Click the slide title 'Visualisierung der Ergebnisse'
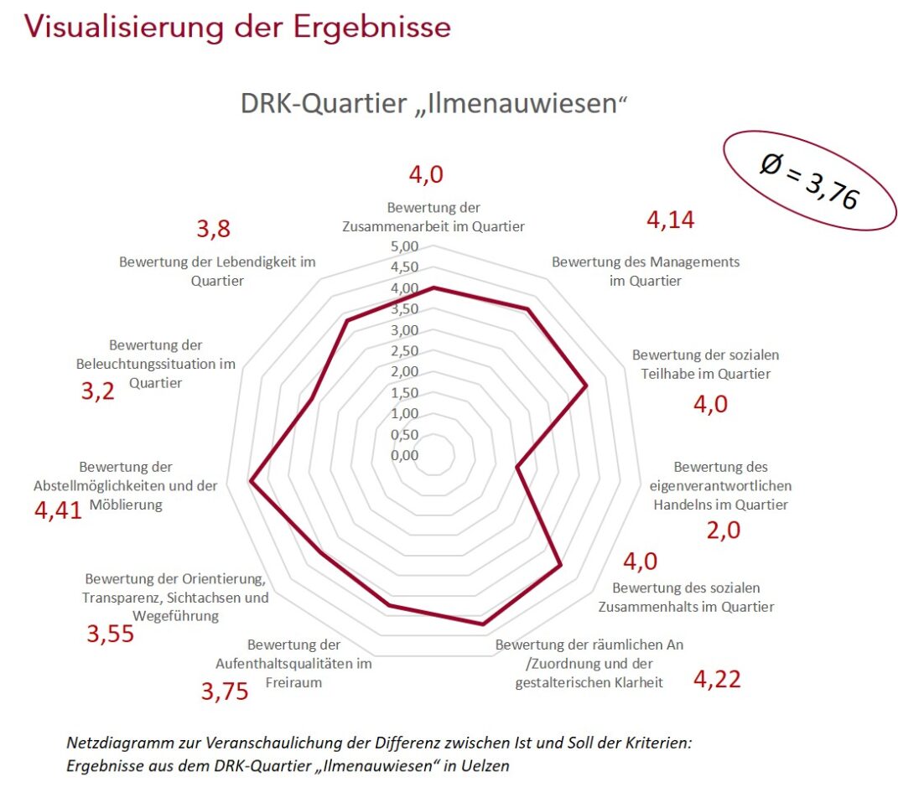(238, 27)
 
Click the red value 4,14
(670, 220)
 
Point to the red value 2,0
(723, 530)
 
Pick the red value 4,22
(717, 678)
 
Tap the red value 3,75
(224, 691)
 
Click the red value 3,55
(110, 634)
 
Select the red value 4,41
(58, 510)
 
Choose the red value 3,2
(97, 391)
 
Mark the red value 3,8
(213, 229)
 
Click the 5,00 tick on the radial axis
(403, 247)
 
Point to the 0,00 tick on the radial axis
(403, 455)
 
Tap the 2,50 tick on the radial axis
(403, 351)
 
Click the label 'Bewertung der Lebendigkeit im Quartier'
(217, 271)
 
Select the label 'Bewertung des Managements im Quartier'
(645, 271)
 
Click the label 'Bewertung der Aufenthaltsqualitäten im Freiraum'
(294, 663)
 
